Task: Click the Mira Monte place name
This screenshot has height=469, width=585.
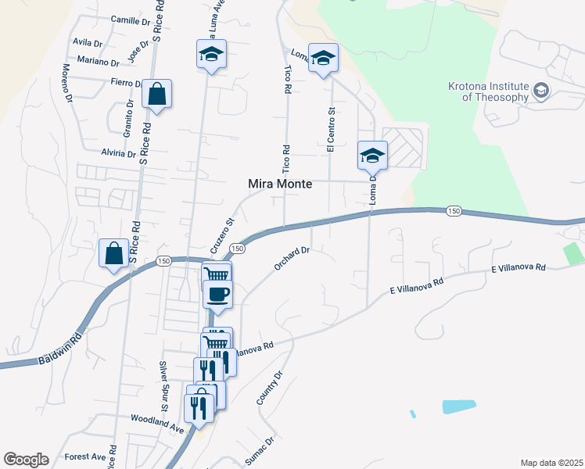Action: click(280, 184)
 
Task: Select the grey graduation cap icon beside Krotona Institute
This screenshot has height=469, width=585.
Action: click(540, 91)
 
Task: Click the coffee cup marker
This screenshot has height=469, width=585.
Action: click(218, 295)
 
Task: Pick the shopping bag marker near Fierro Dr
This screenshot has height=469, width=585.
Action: click(157, 94)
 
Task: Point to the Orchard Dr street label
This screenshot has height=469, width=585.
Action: click(292, 260)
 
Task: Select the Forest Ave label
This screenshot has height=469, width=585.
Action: click(85, 456)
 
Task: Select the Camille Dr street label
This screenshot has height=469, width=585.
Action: click(129, 20)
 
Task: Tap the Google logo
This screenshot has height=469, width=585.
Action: click(26, 460)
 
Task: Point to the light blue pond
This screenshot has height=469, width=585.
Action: click(458, 406)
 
